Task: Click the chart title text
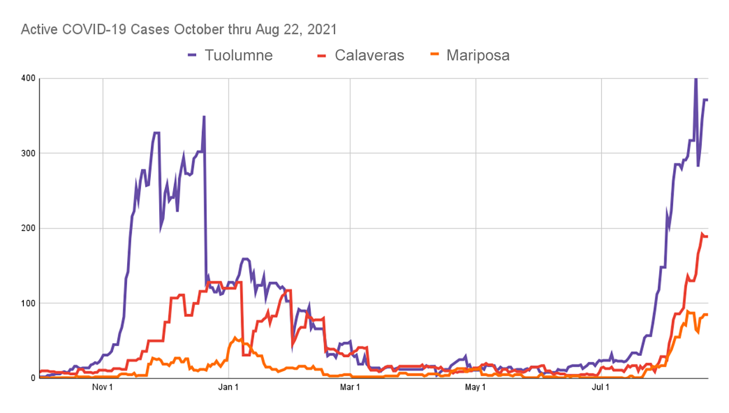point(179,30)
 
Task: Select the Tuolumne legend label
point(238,55)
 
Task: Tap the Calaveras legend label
point(369,55)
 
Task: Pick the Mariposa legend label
point(478,55)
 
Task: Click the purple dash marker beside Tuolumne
point(192,55)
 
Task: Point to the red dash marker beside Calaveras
point(323,55)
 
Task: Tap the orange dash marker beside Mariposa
point(435,55)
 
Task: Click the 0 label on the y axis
point(33,378)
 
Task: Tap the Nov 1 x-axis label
point(103,387)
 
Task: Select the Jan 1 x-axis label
point(228,387)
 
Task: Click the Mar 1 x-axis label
point(350,387)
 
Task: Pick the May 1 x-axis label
point(476,387)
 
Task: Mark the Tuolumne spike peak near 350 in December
point(204,117)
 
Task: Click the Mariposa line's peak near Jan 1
point(235,338)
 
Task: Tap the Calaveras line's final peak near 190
point(702,234)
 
